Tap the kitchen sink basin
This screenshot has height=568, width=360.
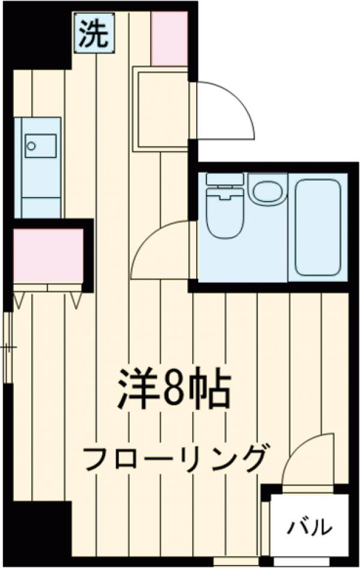point(40,145)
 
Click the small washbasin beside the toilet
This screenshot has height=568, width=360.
point(267,190)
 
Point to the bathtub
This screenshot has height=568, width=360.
point(319,227)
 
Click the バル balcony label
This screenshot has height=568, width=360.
point(309,527)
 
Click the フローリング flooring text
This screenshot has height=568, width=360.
point(174,459)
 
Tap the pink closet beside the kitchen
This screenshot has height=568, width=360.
point(48,255)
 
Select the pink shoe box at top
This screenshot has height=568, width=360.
point(169,38)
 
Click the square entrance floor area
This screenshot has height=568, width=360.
point(160,108)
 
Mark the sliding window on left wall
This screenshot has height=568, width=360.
point(8,347)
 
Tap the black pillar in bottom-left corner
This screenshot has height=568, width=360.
point(39,528)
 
